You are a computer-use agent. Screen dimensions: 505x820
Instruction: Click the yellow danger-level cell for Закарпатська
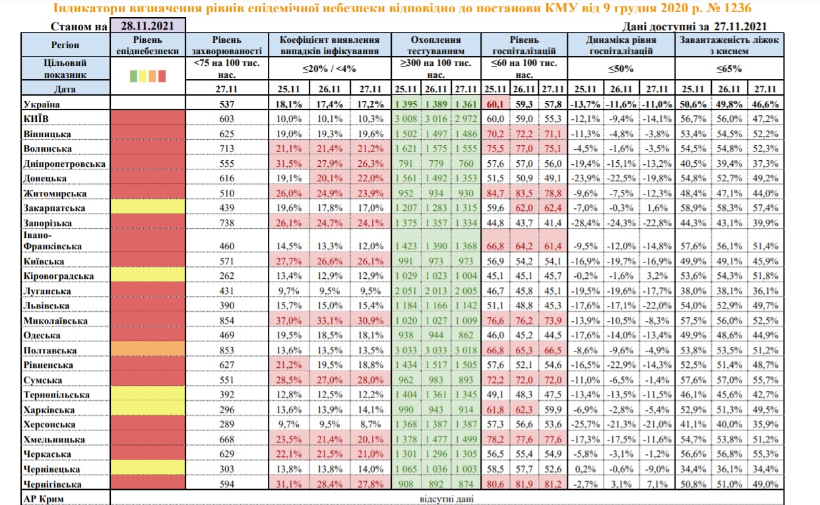coord(148,208)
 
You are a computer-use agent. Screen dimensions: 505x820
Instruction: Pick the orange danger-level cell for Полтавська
coord(148,350)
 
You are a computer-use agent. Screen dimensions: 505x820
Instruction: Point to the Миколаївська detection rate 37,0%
coord(290,320)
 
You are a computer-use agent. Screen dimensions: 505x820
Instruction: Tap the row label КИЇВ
coord(39,119)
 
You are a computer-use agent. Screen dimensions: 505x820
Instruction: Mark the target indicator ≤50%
coord(621,68)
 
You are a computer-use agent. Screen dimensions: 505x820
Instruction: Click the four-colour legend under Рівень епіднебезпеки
coord(148,74)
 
